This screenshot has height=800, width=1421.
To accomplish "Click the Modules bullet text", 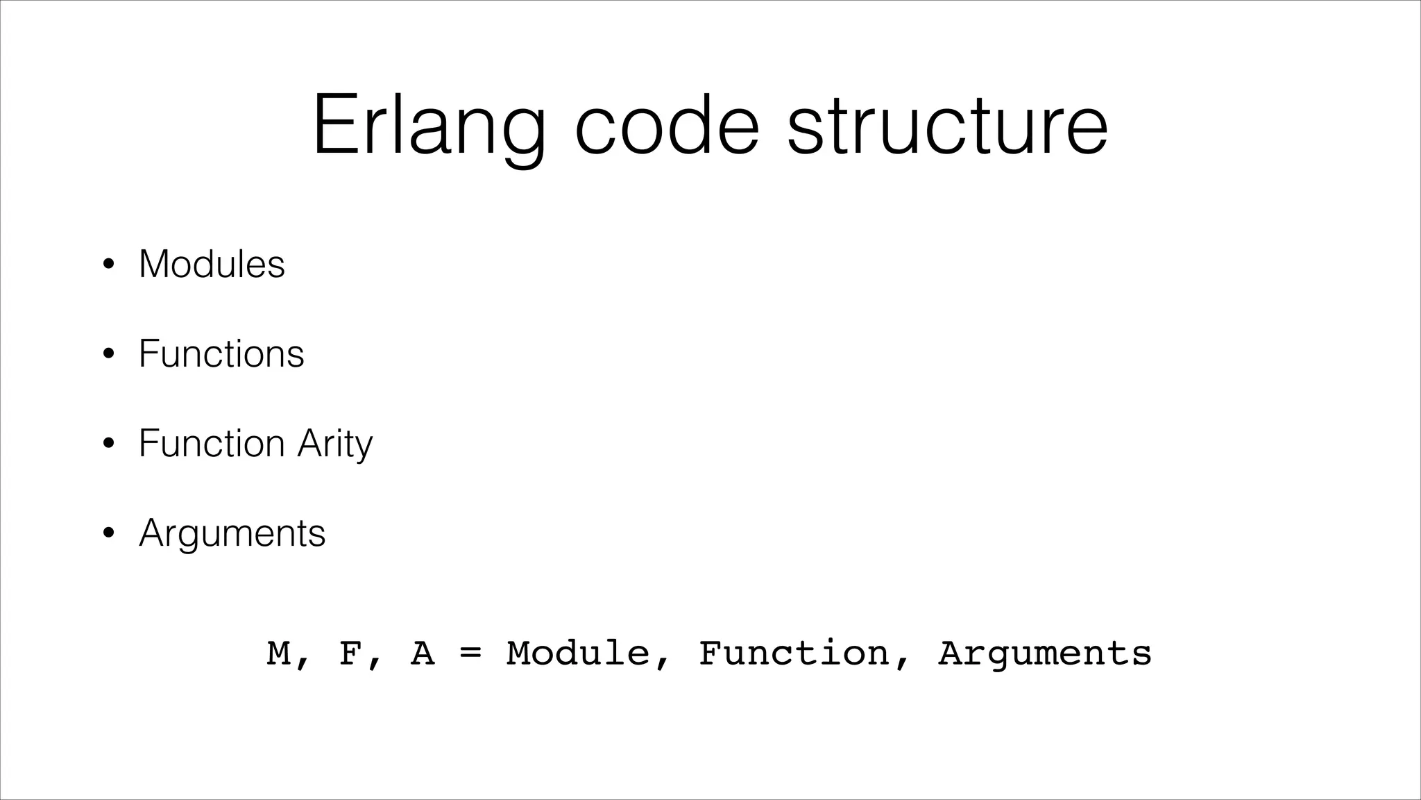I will tap(212, 264).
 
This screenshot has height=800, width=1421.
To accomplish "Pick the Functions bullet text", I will tap(221, 353).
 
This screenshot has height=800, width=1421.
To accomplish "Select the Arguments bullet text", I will tap(232, 533).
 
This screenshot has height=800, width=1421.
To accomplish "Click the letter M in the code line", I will tap(279, 653).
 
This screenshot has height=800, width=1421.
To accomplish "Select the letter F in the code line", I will tap(351, 653).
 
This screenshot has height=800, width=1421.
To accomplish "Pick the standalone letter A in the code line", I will tap(423, 653).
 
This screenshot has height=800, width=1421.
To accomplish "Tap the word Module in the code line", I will tap(578, 653).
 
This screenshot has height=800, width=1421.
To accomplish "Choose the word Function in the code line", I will tap(794, 653).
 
